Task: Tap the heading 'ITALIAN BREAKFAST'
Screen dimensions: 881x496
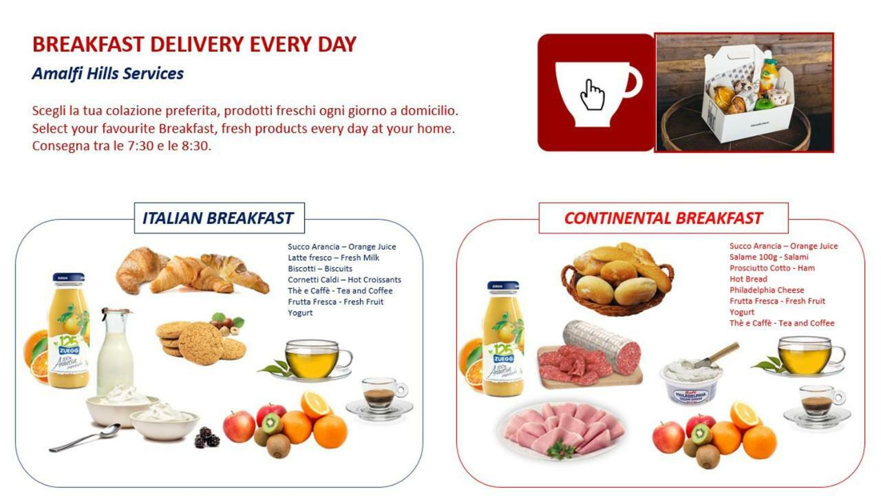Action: pos(217,218)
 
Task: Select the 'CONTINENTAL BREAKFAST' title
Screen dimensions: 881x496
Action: pos(663,218)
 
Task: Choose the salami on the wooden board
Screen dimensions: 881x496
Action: pos(590,353)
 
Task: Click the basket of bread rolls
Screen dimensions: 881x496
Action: pos(617,279)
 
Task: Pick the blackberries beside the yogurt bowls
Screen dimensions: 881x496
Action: pos(207,437)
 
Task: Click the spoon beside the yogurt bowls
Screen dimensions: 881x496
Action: pos(85,437)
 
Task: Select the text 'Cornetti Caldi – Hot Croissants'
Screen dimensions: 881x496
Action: pos(345,280)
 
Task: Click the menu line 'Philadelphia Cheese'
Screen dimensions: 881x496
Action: pos(767,290)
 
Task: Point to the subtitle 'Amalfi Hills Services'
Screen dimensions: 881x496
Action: pos(108,74)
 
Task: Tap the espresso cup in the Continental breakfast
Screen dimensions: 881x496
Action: pos(817,406)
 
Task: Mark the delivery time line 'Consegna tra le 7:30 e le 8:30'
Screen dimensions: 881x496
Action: pos(122,145)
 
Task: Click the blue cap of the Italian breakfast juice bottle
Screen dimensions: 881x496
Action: pos(68,278)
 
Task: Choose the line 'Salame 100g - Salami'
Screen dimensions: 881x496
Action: pos(769,257)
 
